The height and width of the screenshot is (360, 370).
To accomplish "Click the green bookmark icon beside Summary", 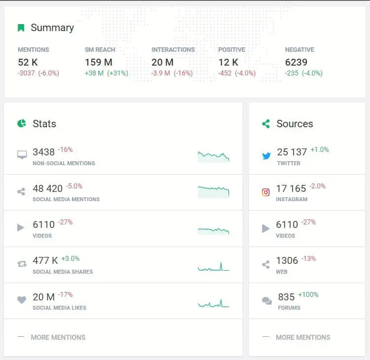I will pos(21,28).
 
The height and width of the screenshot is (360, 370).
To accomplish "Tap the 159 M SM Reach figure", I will pos(99,62).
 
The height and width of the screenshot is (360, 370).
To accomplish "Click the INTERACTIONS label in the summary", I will pos(173,50).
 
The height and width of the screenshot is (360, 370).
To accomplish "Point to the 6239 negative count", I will pos(296,62).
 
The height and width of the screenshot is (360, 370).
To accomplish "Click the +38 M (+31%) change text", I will pos(106,73).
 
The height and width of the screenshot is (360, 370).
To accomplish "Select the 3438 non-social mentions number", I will pos(44,152).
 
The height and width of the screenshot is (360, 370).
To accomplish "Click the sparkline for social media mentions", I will pos(213,192).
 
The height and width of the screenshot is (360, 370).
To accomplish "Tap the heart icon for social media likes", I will pos(22,300).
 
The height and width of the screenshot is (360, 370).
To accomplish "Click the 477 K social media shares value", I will pos(45,260).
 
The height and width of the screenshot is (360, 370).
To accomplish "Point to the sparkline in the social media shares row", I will pos(213,267).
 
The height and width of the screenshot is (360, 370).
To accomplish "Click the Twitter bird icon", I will pos(266,156).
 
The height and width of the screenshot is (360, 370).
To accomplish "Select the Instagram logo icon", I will pos(266,192).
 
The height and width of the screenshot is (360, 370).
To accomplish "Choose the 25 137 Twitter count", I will pos(292,152).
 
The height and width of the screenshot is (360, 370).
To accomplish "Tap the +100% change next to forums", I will pos(308,295).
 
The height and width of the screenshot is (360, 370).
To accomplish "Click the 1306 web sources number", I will pos(287,260).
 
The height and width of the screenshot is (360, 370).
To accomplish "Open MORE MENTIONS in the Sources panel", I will pos(303,337).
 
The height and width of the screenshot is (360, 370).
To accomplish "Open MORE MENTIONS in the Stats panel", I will pos(58,337).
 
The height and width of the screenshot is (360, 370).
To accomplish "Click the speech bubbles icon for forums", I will pos(267,300).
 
